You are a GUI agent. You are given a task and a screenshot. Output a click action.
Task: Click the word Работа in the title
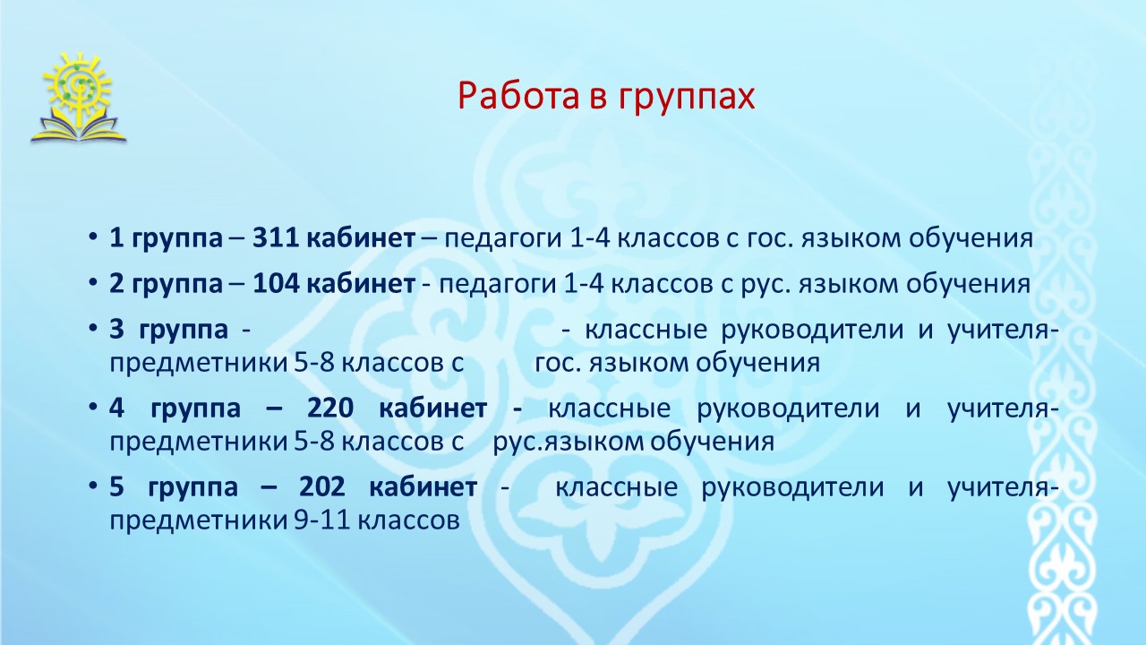(518, 95)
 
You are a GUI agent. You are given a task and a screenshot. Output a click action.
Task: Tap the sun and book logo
(78, 98)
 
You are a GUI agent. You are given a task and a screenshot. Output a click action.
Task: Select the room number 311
(277, 238)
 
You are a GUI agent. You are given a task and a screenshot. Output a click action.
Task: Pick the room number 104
(277, 284)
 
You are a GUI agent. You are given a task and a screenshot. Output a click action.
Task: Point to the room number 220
(330, 408)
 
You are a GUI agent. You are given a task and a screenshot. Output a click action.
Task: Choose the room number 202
(322, 486)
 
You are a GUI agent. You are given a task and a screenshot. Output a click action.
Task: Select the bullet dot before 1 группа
(92, 237)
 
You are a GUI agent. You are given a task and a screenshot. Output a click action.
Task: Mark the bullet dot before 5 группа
(92, 486)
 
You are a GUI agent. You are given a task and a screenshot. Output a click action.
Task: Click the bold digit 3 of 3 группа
(116, 330)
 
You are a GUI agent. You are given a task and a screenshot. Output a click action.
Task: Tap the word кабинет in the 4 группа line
(433, 408)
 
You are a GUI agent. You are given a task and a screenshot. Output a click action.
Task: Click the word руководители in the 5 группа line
(792, 487)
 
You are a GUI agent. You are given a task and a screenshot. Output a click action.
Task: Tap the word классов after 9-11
(407, 521)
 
